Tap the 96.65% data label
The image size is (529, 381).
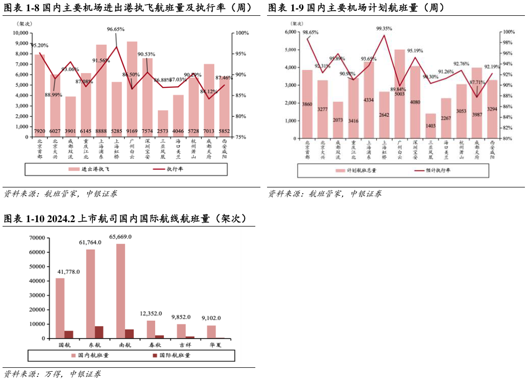(x=115, y=30)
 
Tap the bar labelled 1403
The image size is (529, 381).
(x=431, y=126)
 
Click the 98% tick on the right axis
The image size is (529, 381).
(x=507, y=42)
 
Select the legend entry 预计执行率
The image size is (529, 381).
(x=434, y=171)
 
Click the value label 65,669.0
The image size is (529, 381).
(x=121, y=237)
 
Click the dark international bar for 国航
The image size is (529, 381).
(x=69, y=335)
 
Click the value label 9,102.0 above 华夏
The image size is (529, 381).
(x=211, y=318)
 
